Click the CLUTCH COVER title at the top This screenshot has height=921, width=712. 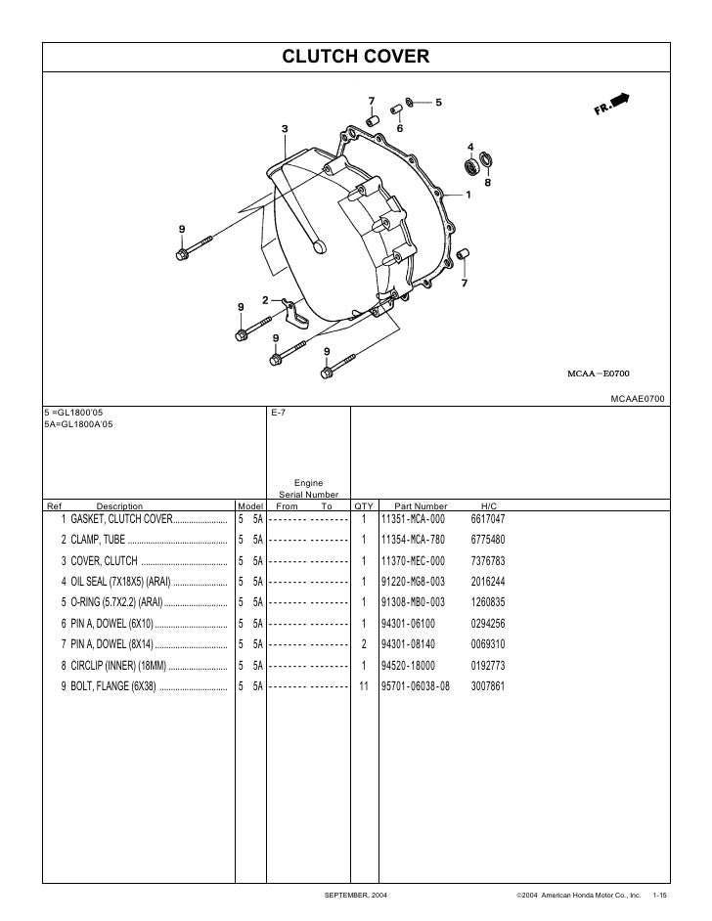355,58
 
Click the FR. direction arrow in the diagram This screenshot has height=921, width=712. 612,106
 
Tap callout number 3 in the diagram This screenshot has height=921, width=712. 285,129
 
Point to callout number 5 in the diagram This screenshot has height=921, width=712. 438,102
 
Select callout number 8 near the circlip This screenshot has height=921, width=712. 487,182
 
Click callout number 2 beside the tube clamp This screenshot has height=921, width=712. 264,299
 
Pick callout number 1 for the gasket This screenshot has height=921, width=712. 468,194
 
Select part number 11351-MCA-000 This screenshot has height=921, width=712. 413,518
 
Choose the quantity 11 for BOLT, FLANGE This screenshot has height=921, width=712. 363,686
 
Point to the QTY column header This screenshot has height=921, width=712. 363,505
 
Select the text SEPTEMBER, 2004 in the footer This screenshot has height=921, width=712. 355,896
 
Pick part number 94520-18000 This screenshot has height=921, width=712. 412,666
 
